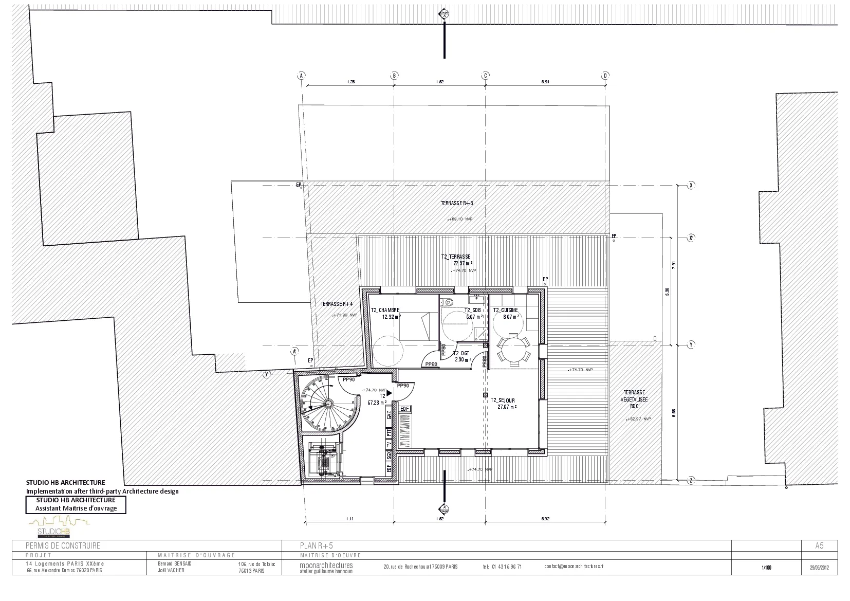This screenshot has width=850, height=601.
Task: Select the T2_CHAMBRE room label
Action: (385, 311)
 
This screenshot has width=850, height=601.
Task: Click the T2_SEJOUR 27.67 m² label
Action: (503, 403)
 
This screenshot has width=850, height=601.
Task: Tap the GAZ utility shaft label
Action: (389, 415)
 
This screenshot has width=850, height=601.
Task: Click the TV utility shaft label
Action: (389, 444)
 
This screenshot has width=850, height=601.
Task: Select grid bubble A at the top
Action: (301, 76)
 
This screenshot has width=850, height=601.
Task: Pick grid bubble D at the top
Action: (605, 76)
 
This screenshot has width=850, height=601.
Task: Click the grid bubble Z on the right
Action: (691, 480)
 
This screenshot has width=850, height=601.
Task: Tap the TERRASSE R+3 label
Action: (456, 203)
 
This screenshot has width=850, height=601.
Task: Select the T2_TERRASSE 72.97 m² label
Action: (455, 260)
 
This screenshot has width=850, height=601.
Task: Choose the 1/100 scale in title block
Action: (766, 568)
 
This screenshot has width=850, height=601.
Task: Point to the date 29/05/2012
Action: (816, 568)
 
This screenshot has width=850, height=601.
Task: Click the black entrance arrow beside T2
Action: (390, 393)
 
